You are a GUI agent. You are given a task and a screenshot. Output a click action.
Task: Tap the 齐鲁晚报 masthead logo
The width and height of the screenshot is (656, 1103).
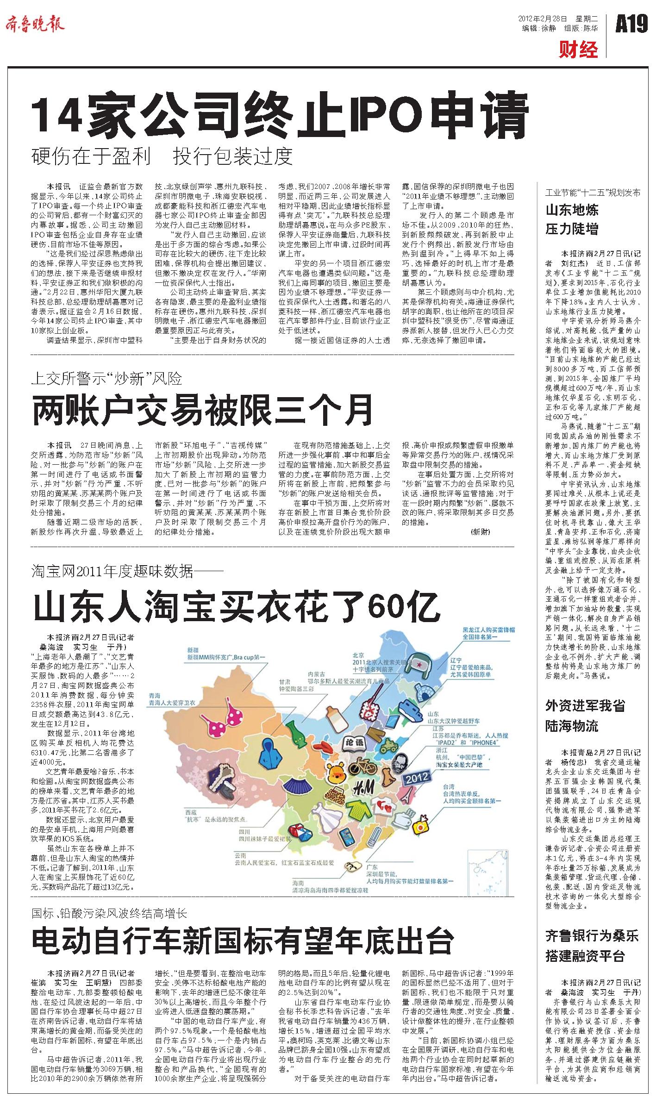pos(35,24)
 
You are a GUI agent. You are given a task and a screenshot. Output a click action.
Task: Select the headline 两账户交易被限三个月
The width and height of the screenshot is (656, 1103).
pos(202,410)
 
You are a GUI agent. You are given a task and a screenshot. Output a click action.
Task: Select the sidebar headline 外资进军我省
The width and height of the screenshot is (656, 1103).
pos(586,706)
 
